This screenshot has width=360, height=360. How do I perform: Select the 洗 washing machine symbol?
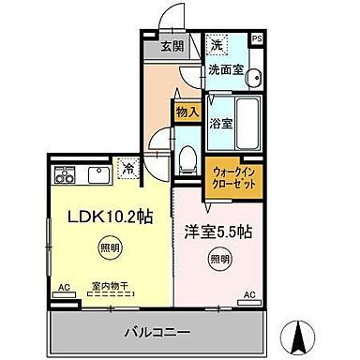pos(217,43)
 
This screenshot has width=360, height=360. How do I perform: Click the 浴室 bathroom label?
pos(220,124)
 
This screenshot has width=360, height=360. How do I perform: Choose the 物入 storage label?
pos(188,112)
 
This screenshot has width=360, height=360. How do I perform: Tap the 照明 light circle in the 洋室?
pos(218,259)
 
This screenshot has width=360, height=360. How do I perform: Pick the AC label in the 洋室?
pos(249,294)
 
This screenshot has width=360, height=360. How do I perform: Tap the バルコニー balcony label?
pos(157,333)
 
